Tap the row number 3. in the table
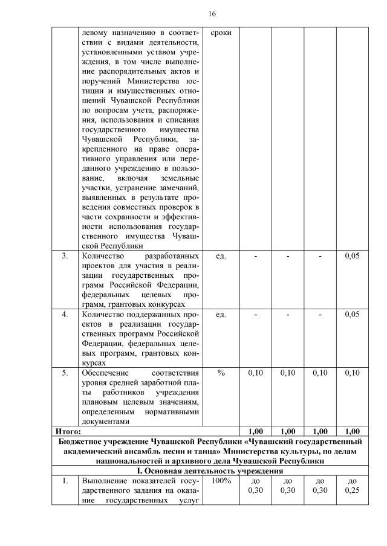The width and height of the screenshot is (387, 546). pyautogui.click(x=65, y=256)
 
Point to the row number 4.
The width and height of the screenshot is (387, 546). pyautogui.click(x=65, y=315)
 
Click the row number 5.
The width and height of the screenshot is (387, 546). pyautogui.click(x=65, y=373)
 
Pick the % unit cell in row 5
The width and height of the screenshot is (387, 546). pyautogui.click(x=221, y=373)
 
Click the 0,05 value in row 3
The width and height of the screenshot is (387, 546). pyautogui.click(x=352, y=256)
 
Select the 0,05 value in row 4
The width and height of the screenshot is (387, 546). pyautogui.click(x=352, y=315)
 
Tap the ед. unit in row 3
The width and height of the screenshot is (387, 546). pyautogui.click(x=221, y=256)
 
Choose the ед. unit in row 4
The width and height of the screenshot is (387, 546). pyautogui.click(x=221, y=315)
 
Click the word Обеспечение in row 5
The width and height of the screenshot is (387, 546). pyautogui.click(x=104, y=373)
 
